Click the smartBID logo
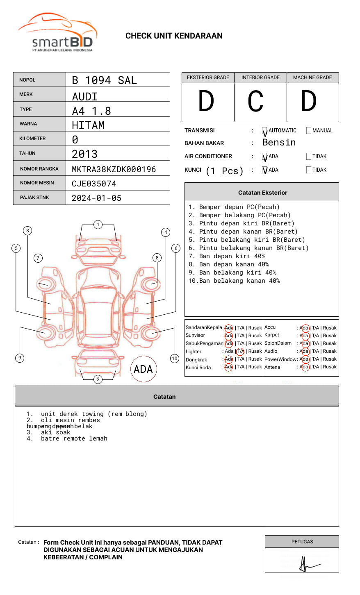(57, 33)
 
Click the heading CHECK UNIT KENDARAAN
(174, 36)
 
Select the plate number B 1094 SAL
(104, 80)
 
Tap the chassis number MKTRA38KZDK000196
(114, 169)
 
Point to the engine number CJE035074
(94, 184)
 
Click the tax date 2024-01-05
(96, 198)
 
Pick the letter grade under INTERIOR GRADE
(255, 102)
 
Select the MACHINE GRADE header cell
(312, 77)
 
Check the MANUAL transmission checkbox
(309, 130)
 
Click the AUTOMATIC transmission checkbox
(264, 131)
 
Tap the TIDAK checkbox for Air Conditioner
(309, 156)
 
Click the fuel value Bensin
(279, 143)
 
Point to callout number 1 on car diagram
(98, 225)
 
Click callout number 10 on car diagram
(175, 359)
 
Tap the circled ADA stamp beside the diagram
(143, 369)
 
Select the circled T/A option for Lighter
(240, 351)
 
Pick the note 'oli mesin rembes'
(70, 420)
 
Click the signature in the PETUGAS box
(305, 565)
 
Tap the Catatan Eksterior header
(262, 193)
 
